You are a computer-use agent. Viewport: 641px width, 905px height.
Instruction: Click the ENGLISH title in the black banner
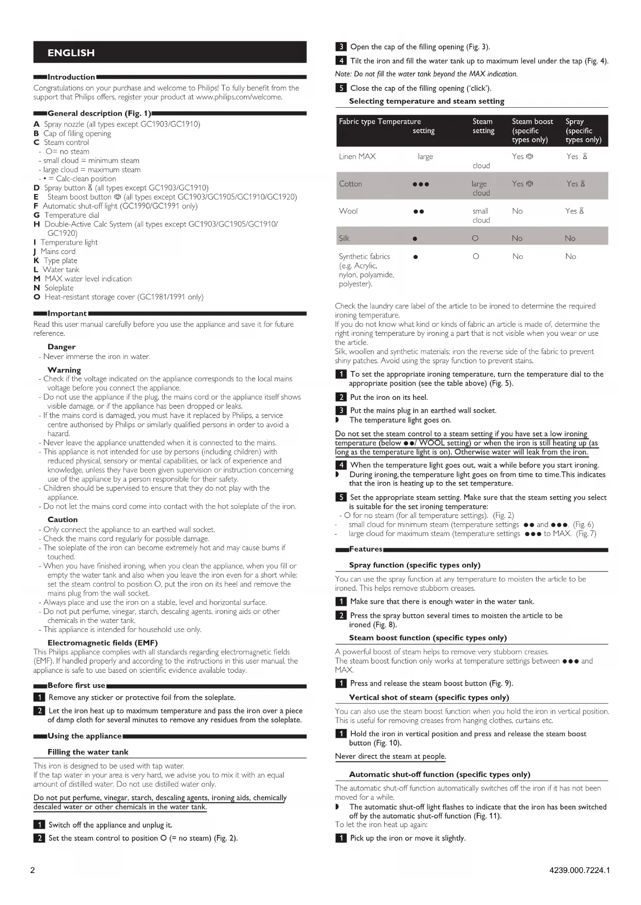[x=71, y=53]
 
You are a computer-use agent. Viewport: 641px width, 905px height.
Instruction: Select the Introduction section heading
[x=71, y=77]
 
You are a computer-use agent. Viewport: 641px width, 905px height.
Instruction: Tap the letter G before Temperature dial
[x=37, y=215]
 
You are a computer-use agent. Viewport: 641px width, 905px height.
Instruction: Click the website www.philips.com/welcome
[x=239, y=96]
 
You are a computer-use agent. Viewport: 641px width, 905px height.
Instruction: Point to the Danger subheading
[x=61, y=347]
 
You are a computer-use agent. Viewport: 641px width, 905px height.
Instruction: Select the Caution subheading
[x=62, y=520]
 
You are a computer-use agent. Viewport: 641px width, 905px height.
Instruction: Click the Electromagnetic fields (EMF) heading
[x=102, y=642]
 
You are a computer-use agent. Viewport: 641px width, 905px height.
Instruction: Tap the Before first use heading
[x=76, y=685]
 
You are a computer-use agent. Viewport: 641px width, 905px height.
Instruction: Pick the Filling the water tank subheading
[x=88, y=752]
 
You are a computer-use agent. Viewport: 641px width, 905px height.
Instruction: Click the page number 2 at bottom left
[x=33, y=870]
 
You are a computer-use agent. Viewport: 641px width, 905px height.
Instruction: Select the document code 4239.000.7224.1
[x=580, y=870]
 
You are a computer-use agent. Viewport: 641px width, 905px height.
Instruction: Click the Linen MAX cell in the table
[x=357, y=156]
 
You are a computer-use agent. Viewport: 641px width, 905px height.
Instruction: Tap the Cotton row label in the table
[x=350, y=184]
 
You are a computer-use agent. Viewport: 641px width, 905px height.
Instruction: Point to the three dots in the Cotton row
[x=421, y=184]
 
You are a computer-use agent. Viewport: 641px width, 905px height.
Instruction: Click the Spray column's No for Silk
[x=570, y=238]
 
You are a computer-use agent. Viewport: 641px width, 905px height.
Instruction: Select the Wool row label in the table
[x=349, y=211]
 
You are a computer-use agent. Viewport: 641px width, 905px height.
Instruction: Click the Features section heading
[x=366, y=549]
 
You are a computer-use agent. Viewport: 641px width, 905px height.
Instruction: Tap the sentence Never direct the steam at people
[x=390, y=756]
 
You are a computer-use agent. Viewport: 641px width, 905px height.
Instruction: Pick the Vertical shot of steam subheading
[x=429, y=697]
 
